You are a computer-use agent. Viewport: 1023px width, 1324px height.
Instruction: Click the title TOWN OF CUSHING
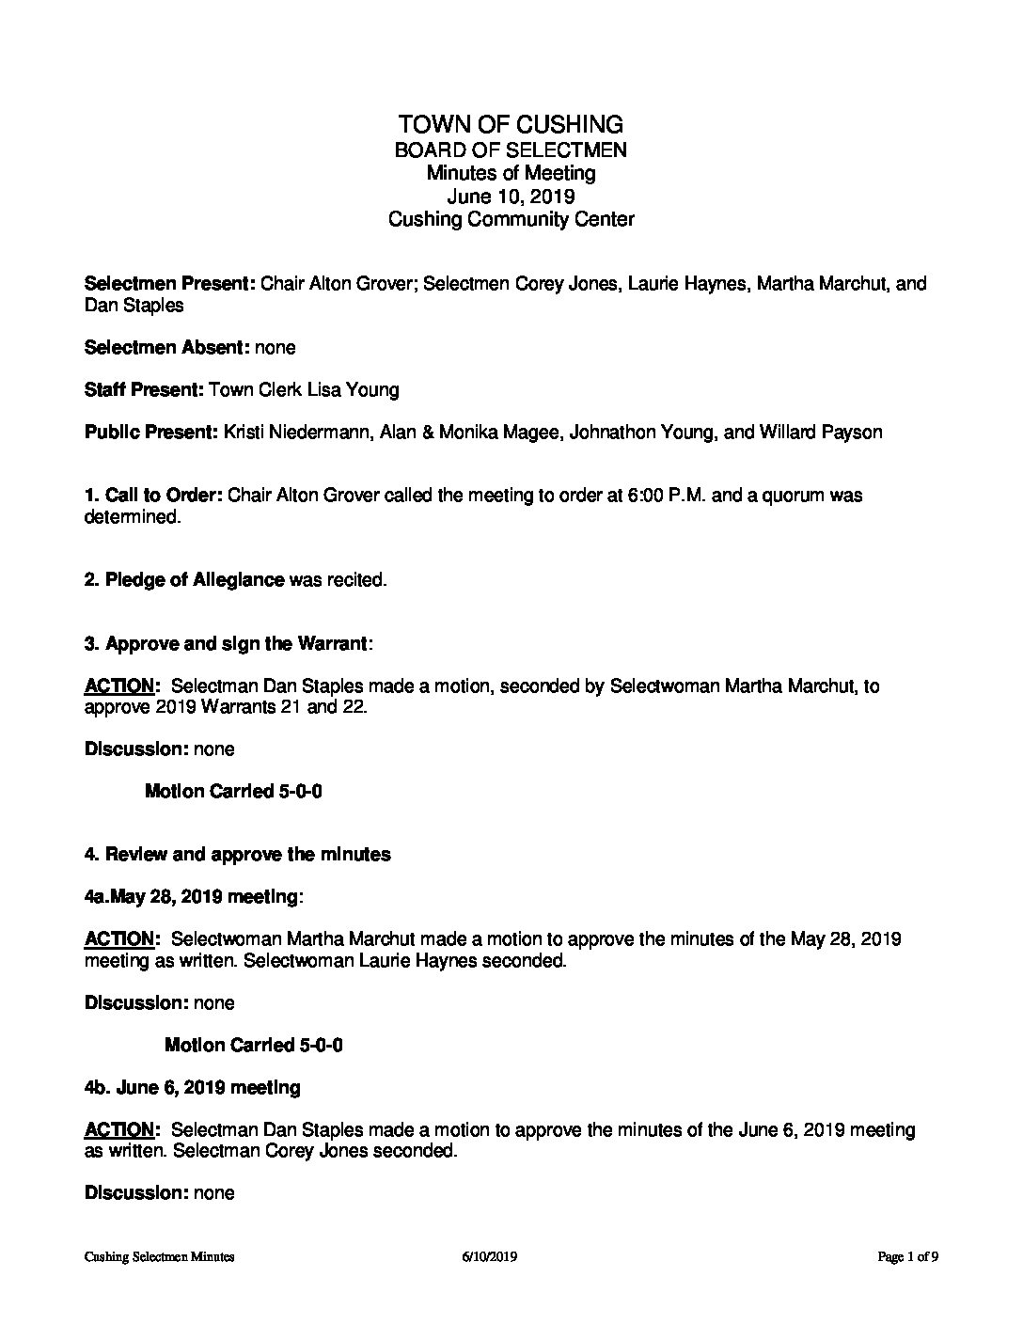coord(511,124)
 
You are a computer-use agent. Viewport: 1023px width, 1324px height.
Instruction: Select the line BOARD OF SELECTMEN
coord(511,150)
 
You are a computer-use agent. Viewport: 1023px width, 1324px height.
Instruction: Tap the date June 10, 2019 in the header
coord(511,197)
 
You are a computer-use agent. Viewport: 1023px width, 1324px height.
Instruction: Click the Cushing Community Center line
coord(511,220)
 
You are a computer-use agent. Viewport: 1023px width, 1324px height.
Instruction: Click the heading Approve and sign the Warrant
coord(235,644)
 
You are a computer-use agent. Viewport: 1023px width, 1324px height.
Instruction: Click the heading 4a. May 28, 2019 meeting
coord(193,897)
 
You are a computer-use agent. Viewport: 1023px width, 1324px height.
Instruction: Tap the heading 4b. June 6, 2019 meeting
coord(193,1088)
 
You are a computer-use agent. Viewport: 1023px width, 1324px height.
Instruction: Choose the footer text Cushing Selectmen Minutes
coord(159,1256)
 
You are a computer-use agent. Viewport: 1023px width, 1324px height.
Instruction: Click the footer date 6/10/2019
coord(489,1256)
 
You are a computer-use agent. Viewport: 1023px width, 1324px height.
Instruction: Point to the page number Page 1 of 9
coord(908,1256)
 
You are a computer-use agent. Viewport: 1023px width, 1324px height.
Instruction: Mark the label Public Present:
coord(150,433)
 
